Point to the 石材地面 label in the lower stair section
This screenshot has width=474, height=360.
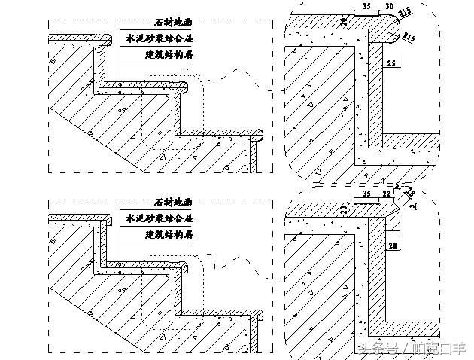pyautogui.click(x=173, y=202)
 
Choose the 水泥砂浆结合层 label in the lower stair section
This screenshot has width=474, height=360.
pyautogui.click(x=159, y=218)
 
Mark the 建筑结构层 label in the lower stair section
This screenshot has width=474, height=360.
pyautogui.click(x=167, y=235)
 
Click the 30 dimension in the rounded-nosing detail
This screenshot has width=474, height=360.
pyautogui.click(x=388, y=6)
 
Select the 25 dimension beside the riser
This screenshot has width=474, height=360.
pyautogui.click(x=391, y=66)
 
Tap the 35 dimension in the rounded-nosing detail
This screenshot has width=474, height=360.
pyautogui.click(x=366, y=6)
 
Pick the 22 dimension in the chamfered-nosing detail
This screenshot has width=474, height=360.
pyautogui.click(x=387, y=194)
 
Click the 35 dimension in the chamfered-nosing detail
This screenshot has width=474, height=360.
pyautogui.click(x=366, y=194)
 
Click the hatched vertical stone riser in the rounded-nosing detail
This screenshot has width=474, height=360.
pyautogui.click(x=375, y=90)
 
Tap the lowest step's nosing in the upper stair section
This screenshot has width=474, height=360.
pyautogui.click(x=258, y=136)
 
